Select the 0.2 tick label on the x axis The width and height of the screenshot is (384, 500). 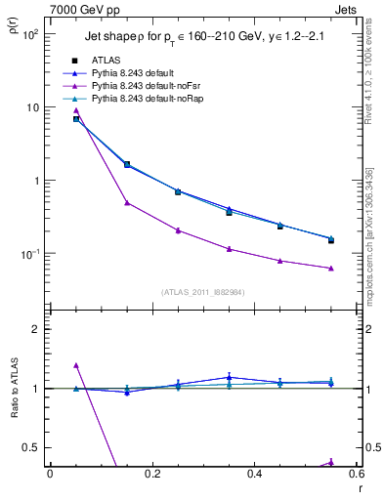151,474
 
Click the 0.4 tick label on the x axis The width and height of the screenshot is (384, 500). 254,474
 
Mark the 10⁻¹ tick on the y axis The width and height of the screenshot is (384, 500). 29,254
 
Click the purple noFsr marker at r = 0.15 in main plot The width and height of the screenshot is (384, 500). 127,203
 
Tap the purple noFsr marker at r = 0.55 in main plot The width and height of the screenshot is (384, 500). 331,268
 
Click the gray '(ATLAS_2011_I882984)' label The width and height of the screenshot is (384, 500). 202,292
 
